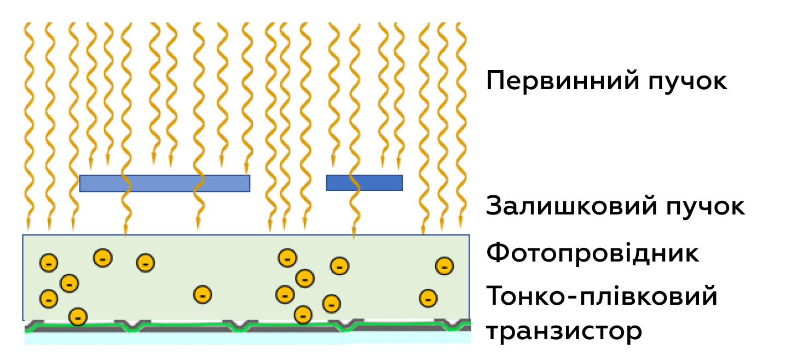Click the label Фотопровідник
click(593, 254)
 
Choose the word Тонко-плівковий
click(602, 297)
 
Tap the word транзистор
click(564, 331)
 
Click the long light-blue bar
click(164, 183)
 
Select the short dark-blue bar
click(364, 183)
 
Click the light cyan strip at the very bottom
click(246, 339)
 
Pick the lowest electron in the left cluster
click(78, 316)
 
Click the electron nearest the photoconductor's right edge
click(444, 266)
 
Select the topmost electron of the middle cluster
click(287, 257)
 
